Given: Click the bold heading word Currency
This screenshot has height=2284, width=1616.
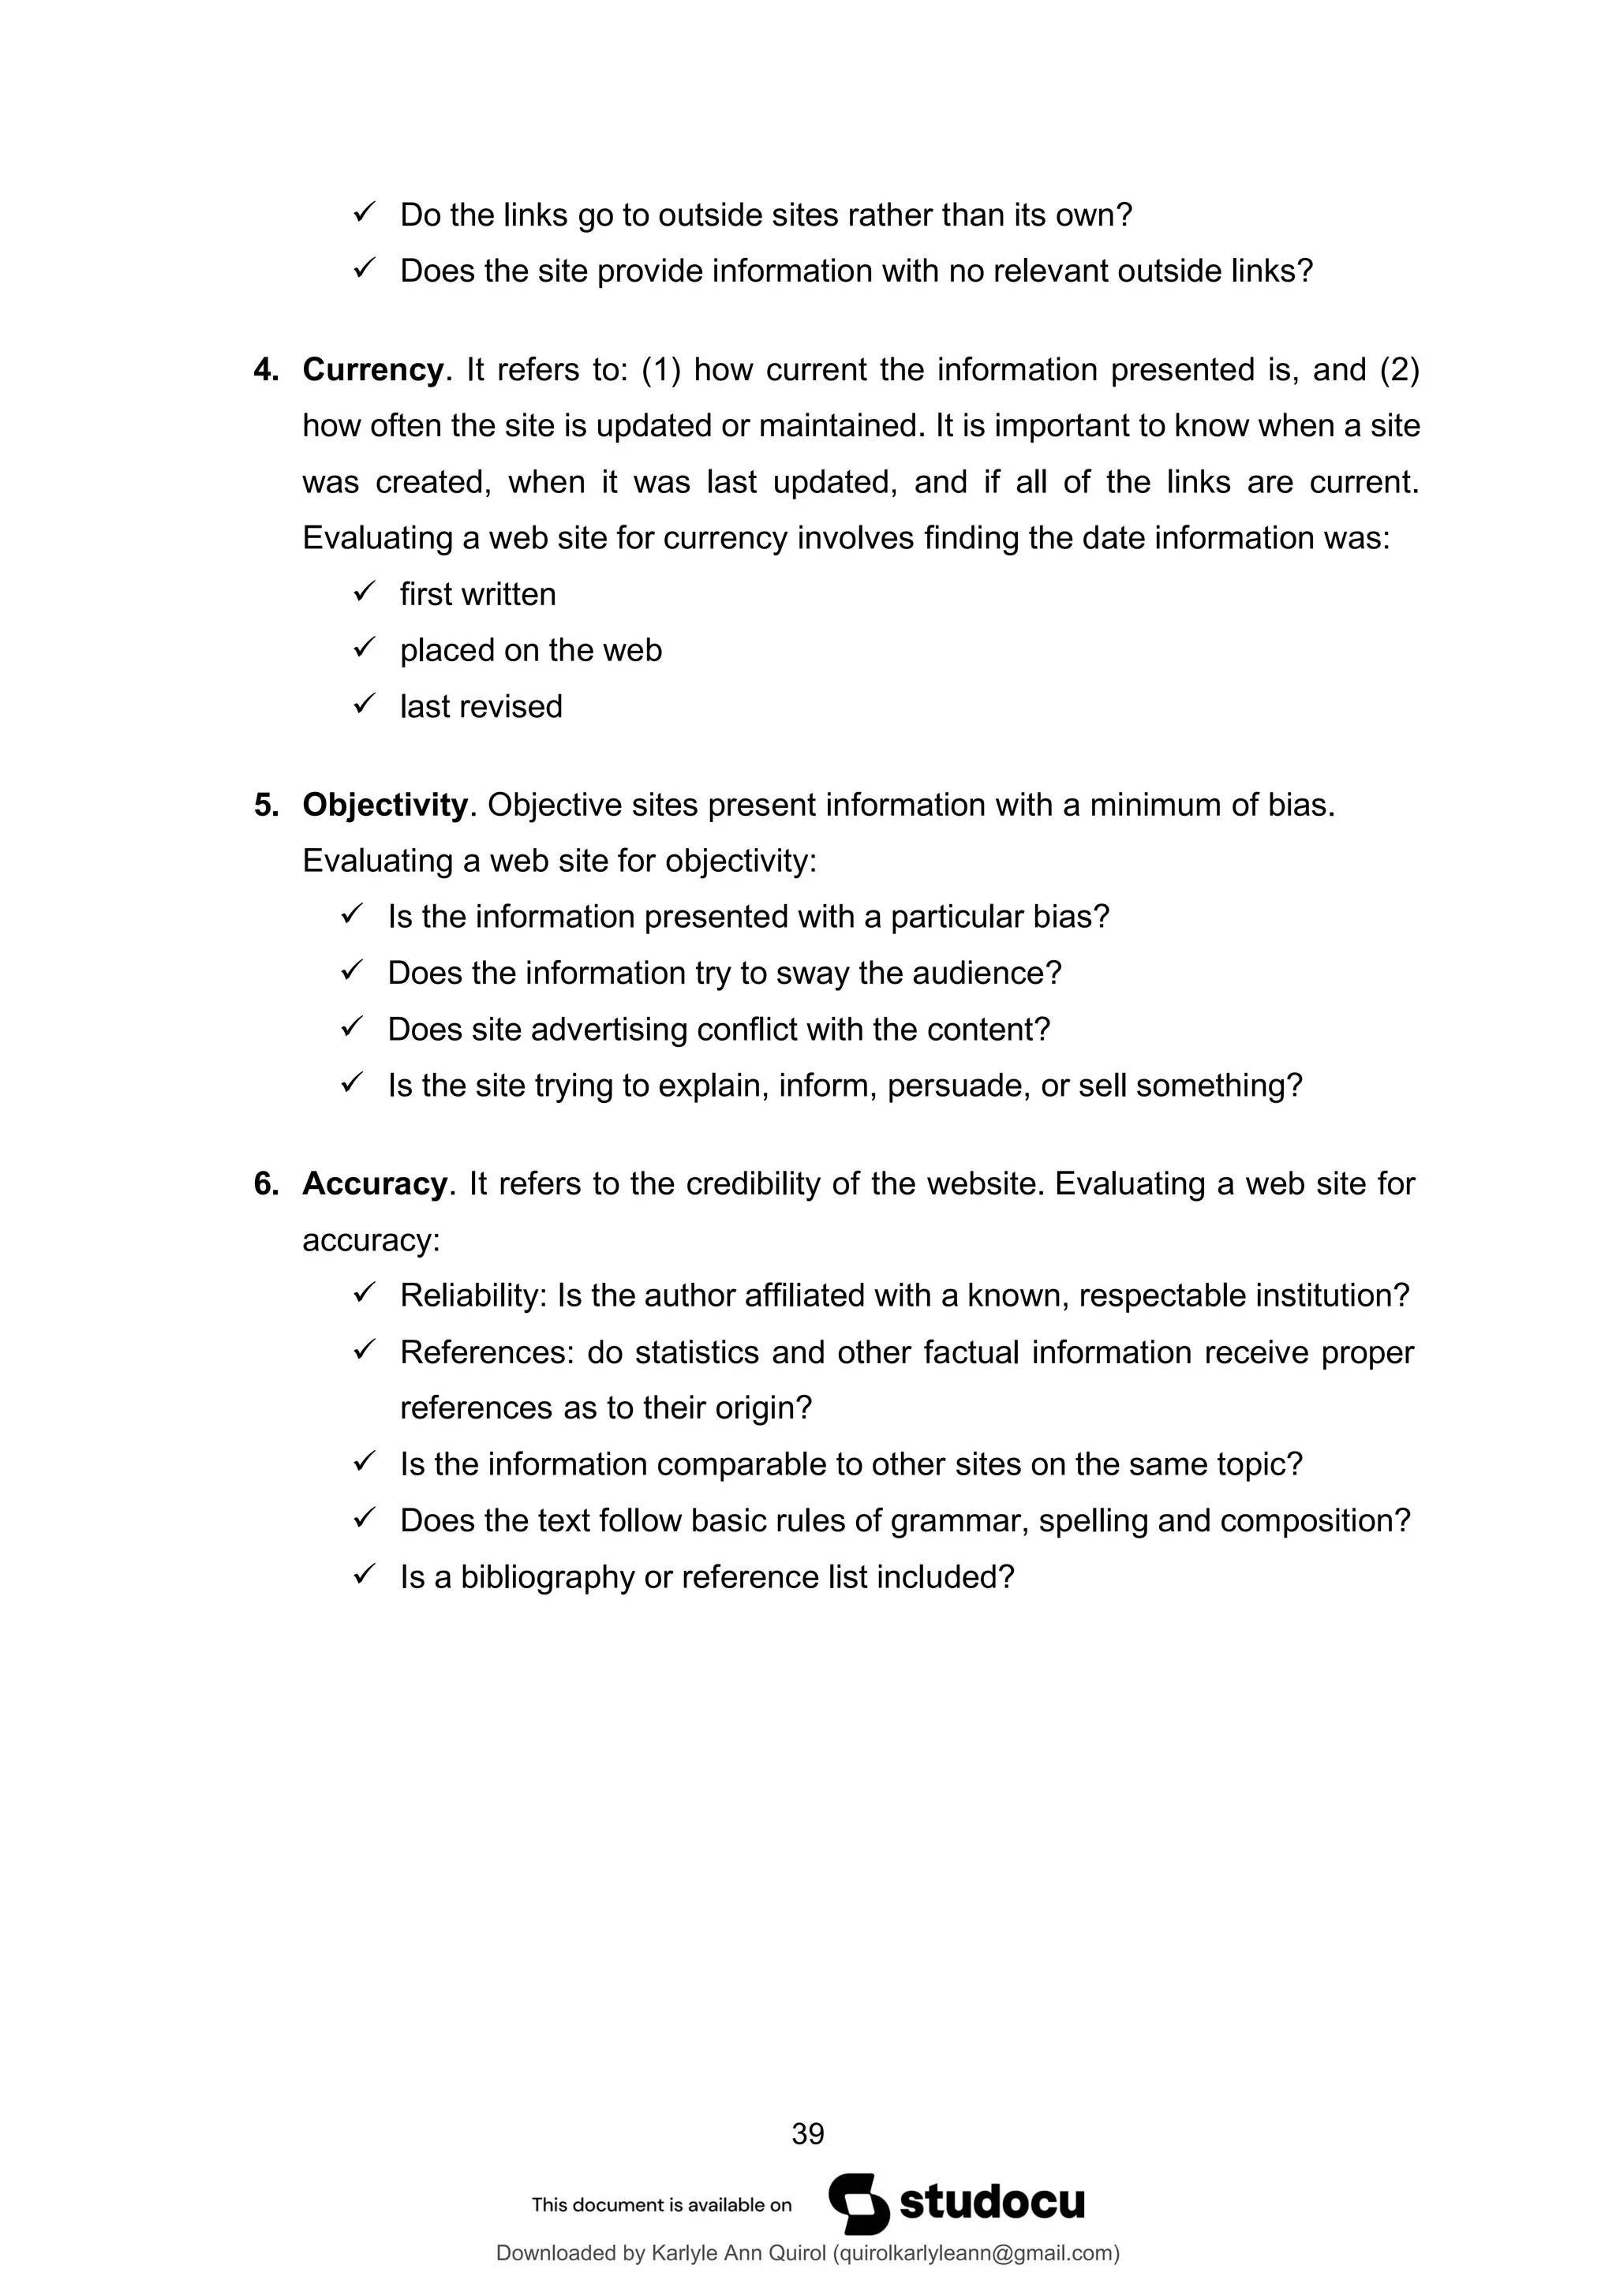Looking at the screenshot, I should click(372, 370).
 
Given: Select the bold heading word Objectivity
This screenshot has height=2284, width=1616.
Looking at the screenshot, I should click(384, 805).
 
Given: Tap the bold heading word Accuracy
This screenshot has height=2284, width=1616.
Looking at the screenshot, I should click(374, 1183).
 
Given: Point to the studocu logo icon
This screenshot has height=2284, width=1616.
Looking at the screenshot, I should click(858, 2204).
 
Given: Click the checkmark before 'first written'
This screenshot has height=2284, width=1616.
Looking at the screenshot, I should click(363, 592).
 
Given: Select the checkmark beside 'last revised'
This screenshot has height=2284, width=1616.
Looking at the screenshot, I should click(363, 705).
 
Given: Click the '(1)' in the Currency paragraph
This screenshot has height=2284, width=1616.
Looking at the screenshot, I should click(660, 370).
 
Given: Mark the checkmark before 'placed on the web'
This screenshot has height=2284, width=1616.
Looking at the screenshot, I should click(363, 649).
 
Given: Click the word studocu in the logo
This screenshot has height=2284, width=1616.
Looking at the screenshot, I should click(991, 2203).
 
